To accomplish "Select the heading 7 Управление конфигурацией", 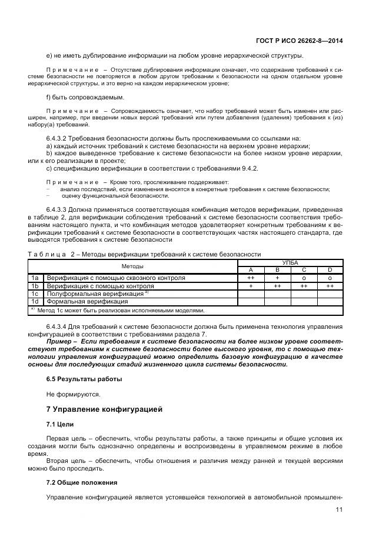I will pos(104,409).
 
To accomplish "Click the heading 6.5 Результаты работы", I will pos(84,379).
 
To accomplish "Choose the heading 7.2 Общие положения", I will pos(81,482).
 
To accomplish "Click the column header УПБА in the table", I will pos(290,263).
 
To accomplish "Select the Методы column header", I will pos(132,266).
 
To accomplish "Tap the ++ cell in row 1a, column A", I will pos(251,278).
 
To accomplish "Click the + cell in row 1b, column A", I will pos(251,285).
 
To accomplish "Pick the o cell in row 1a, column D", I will pos(330,278).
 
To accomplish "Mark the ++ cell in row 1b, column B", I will pos(277,285).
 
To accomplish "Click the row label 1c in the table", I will pos(35,293).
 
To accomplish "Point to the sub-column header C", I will pos(304,270).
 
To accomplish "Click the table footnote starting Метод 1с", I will pos(121,310).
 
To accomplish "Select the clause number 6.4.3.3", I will pos(56,209).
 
